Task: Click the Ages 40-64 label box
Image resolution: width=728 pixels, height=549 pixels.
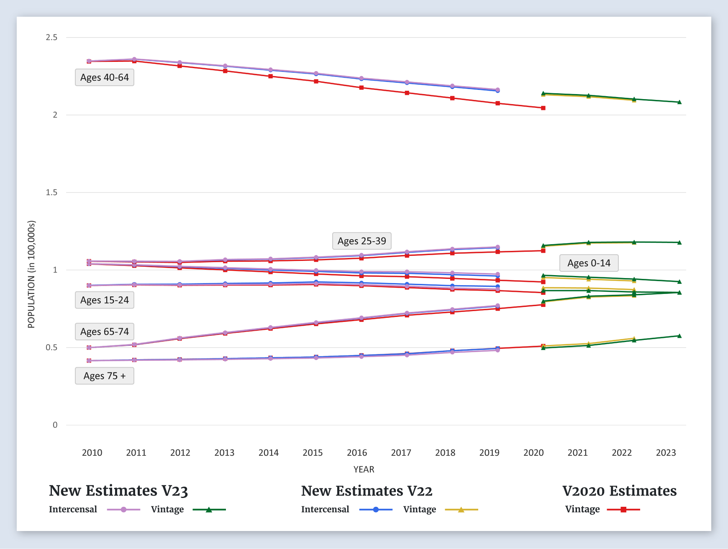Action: coord(105,78)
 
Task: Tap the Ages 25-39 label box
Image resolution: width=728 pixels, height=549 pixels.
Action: coord(361,241)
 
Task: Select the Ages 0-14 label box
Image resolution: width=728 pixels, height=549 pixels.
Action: coord(589,263)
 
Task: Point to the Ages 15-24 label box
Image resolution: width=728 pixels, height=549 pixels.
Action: coord(105,300)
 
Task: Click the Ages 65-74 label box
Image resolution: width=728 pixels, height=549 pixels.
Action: coord(105,332)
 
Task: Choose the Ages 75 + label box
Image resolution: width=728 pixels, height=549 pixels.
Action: coord(105,376)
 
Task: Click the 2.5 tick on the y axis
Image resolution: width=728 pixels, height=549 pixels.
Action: coord(52,38)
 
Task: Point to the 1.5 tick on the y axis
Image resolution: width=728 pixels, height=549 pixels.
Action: coord(52,192)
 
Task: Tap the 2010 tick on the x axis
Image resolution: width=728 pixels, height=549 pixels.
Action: coord(92,453)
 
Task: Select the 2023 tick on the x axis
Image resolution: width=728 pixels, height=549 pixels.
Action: coord(666,453)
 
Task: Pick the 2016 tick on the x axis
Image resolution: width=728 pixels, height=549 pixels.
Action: coord(357,453)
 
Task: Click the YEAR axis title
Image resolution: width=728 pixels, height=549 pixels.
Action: coord(364,470)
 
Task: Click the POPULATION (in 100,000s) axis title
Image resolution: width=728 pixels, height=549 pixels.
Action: coord(31,274)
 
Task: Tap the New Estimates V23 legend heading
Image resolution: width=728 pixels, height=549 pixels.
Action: coord(118,491)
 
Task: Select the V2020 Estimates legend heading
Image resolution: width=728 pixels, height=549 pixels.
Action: coord(619,491)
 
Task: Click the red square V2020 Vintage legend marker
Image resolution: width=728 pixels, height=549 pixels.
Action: coord(623,510)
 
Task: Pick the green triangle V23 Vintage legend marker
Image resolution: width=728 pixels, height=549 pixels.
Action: coord(209,510)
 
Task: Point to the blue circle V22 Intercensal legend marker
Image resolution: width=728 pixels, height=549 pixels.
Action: coord(376,510)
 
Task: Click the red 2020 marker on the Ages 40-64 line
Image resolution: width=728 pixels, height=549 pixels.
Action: coord(543,108)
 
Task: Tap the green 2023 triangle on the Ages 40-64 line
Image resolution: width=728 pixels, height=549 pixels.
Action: coord(679,102)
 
